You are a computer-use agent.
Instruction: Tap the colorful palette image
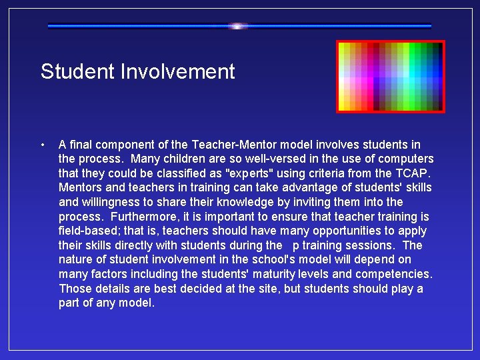(390, 77)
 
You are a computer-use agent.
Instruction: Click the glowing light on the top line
(238, 26)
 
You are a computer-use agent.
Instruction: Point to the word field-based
(88, 231)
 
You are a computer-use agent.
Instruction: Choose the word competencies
(393, 274)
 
